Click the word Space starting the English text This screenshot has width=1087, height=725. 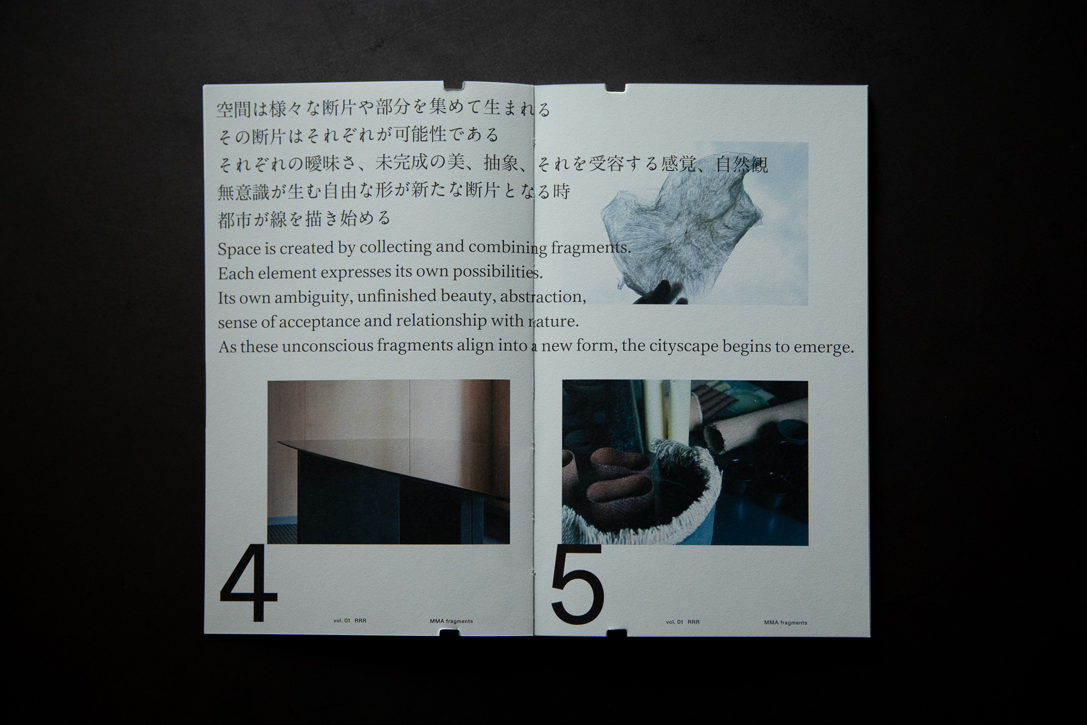click(x=239, y=249)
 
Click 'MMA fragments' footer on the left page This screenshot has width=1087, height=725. click(x=452, y=621)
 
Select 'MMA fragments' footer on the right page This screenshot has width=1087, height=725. click(x=786, y=622)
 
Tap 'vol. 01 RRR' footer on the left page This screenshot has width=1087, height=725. click(x=350, y=620)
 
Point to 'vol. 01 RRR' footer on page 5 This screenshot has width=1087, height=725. click(x=683, y=622)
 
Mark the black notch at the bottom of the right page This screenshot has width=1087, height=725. click(x=617, y=633)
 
